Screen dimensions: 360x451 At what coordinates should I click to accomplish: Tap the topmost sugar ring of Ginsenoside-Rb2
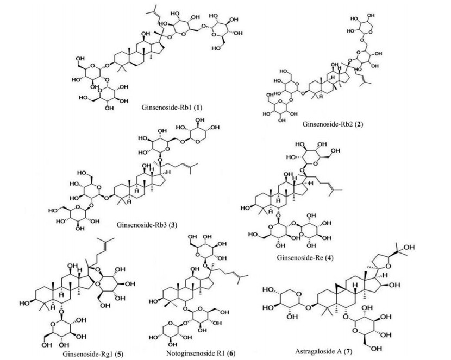380,21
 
